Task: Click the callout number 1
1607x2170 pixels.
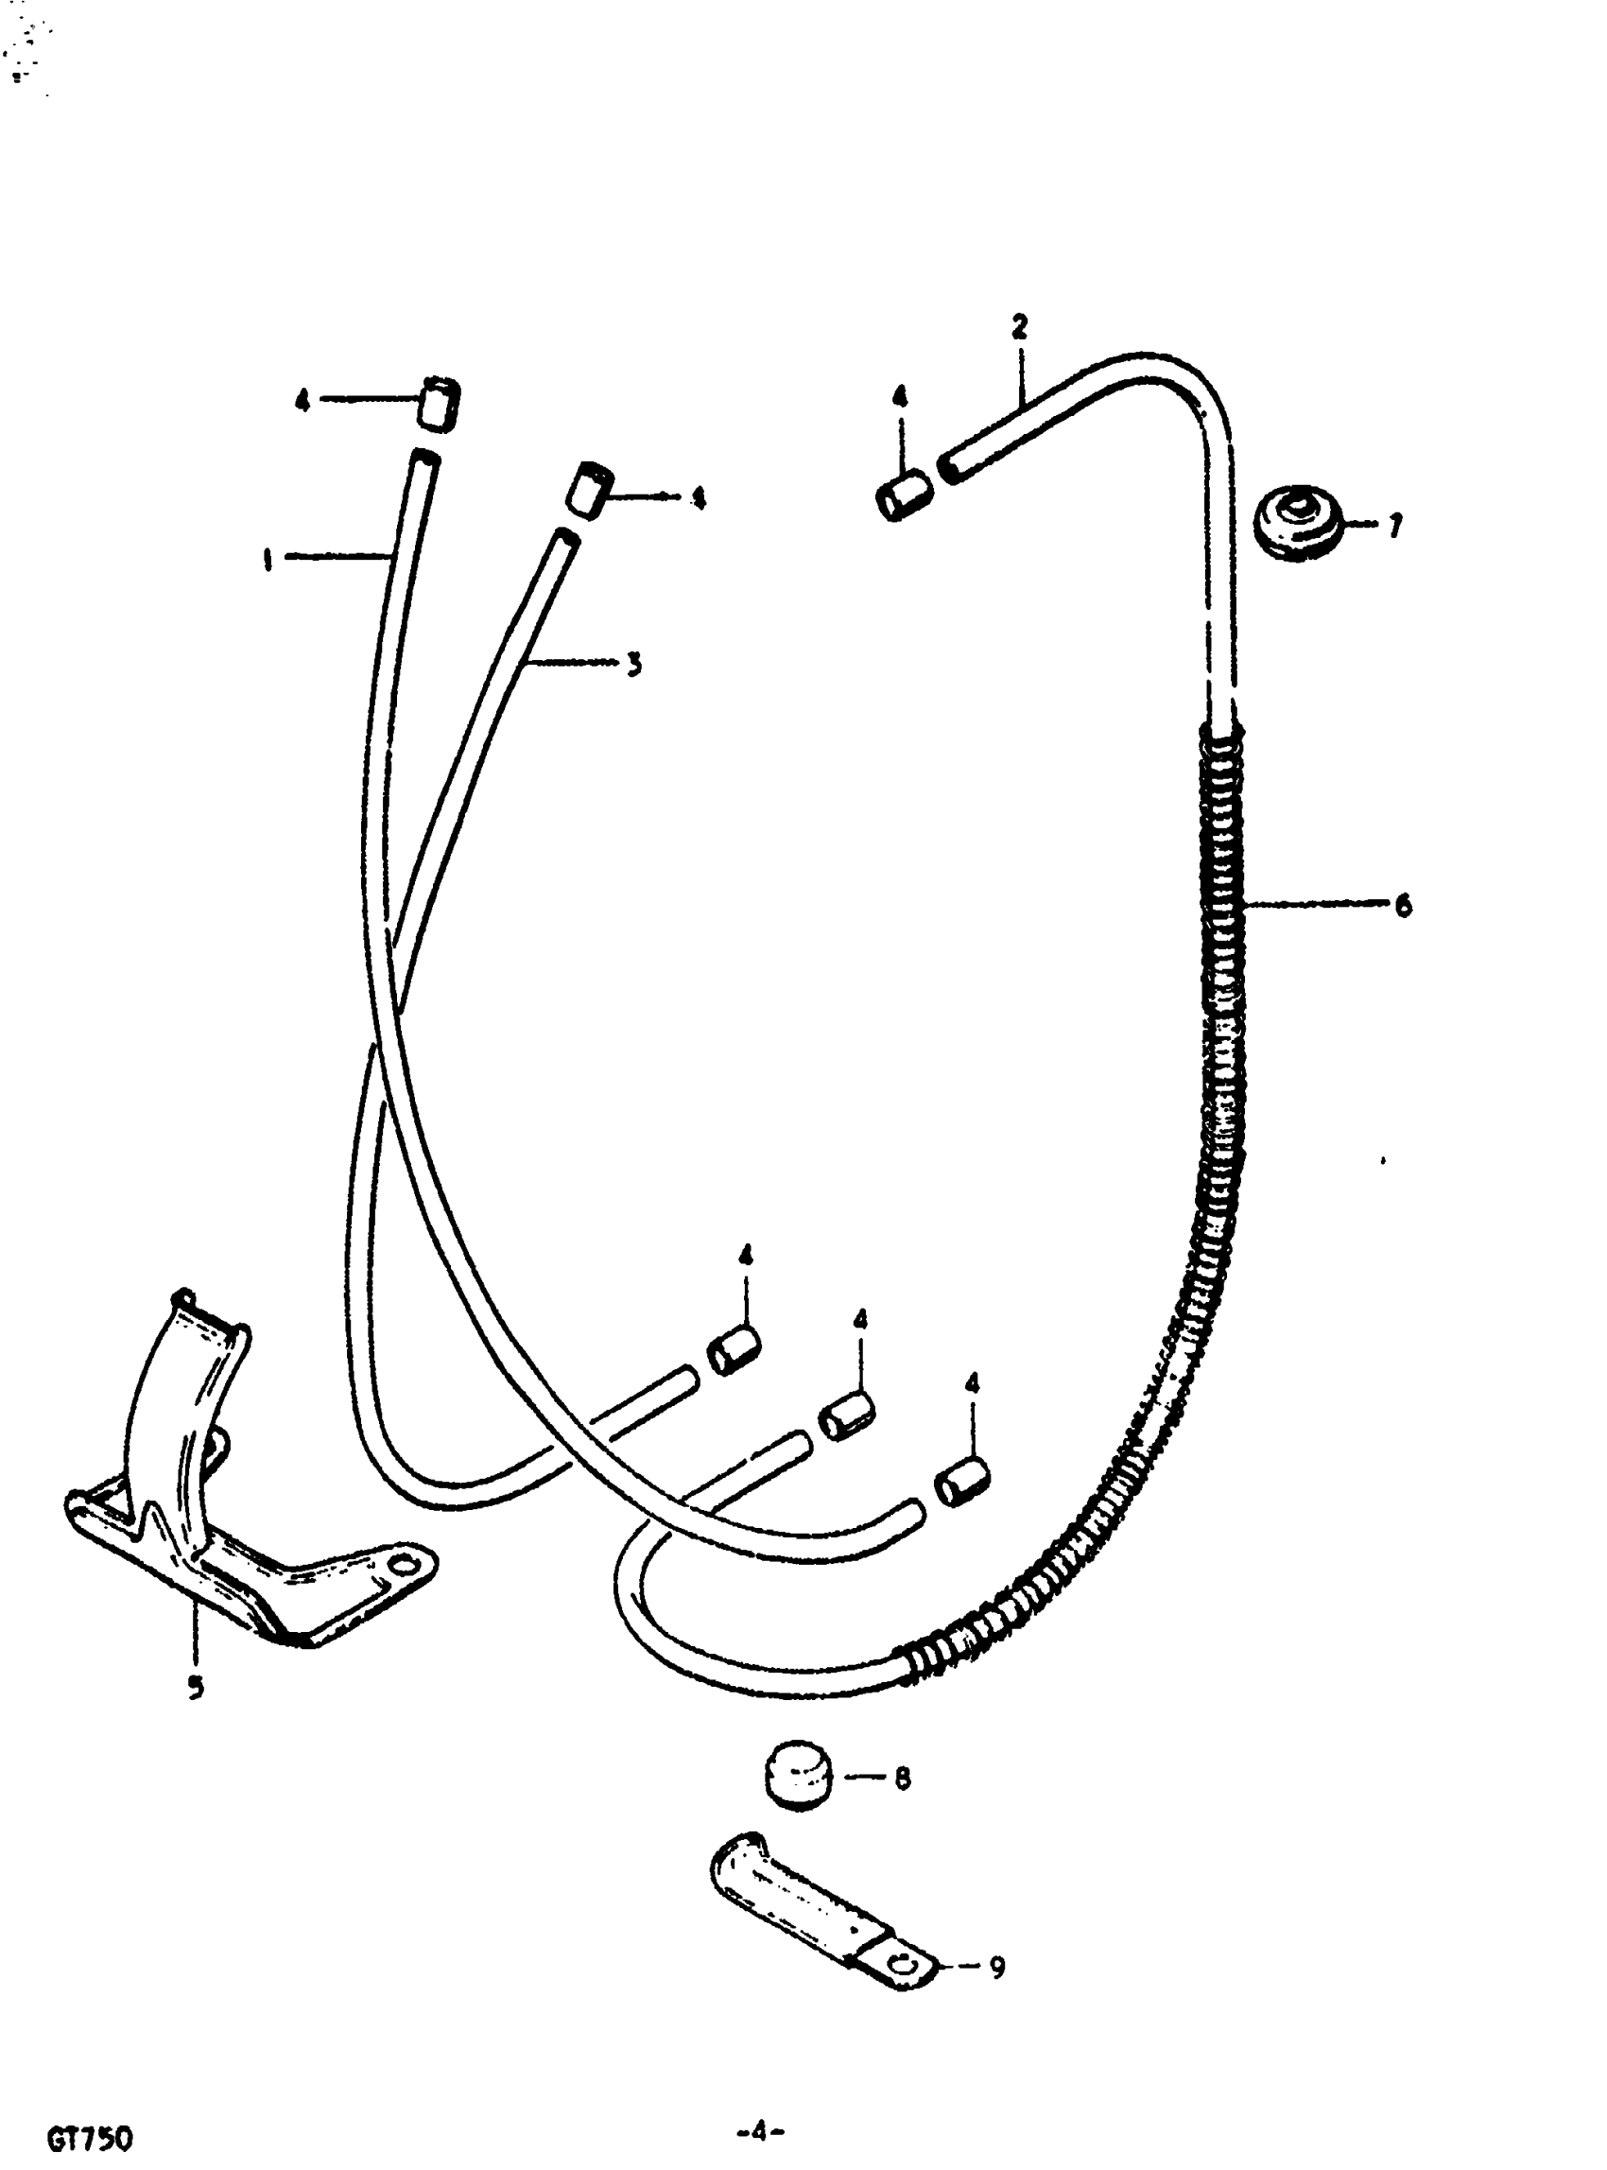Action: (x=267, y=560)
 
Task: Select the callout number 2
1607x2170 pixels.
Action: (x=1018, y=326)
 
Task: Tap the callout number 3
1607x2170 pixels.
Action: (x=633, y=665)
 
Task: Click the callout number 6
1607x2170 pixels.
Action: (x=1403, y=906)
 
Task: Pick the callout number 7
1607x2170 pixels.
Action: (x=1395, y=527)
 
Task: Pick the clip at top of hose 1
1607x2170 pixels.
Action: (x=438, y=402)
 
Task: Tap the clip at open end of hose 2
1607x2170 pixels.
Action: (x=905, y=496)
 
